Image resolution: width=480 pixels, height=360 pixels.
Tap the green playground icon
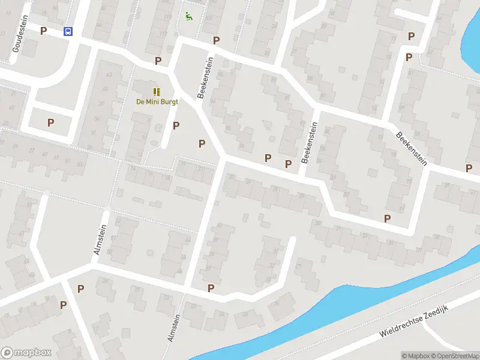tap(189, 16)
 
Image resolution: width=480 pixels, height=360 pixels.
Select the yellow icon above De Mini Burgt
tap(157, 92)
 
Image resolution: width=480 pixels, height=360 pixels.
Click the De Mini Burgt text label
tap(157, 101)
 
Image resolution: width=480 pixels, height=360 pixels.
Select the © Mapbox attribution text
tap(415, 356)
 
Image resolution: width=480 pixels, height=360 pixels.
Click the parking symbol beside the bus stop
tap(43, 31)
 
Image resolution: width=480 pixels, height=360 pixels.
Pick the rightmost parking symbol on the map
tap(469, 169)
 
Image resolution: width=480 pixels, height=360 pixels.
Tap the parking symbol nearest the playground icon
tap(216, 40)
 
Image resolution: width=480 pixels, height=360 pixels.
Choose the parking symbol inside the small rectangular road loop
tap(51, 122)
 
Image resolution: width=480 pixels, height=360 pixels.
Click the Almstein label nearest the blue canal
tap(174, 329)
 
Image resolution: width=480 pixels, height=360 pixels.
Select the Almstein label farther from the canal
tap(100, 239)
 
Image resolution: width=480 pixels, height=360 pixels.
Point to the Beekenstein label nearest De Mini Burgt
tap(205, 78)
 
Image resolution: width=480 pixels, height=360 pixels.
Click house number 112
tap(163, 32)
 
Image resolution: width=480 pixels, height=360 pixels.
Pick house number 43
tap(109, 75)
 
